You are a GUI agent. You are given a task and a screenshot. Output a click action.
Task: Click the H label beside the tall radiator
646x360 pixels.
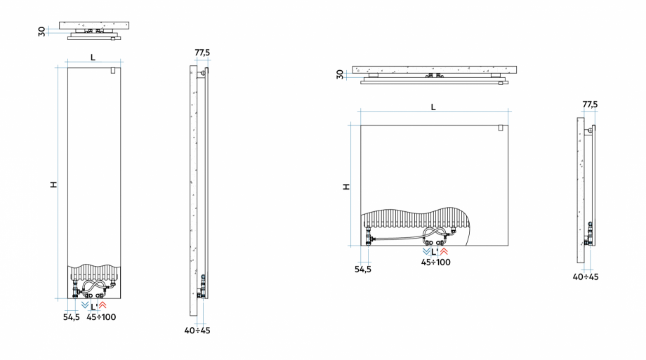53,185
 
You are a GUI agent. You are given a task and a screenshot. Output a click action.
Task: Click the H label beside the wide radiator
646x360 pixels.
345,187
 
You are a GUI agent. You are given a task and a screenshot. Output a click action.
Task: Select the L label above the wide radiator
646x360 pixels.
433,107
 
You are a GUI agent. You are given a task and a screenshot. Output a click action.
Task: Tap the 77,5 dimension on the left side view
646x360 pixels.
202,53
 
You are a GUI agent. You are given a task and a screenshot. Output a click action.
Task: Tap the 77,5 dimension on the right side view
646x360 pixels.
590,105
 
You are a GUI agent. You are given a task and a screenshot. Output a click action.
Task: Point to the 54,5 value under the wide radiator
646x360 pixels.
363,268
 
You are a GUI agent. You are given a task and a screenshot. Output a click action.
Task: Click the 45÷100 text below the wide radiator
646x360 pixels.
436,262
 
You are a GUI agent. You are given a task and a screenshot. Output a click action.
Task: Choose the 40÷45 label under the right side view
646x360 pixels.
586,276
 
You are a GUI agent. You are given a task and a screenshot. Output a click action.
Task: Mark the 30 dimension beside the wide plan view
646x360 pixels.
340,74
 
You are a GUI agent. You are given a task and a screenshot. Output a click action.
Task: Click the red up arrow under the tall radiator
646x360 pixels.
103,306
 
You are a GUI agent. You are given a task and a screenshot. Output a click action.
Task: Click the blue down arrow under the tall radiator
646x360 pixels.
85,306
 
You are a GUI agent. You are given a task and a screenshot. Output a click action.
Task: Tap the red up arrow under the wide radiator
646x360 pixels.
443,251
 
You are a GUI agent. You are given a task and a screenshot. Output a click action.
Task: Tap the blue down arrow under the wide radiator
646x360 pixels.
426,251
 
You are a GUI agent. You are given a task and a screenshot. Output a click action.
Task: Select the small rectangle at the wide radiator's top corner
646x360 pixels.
500,128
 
